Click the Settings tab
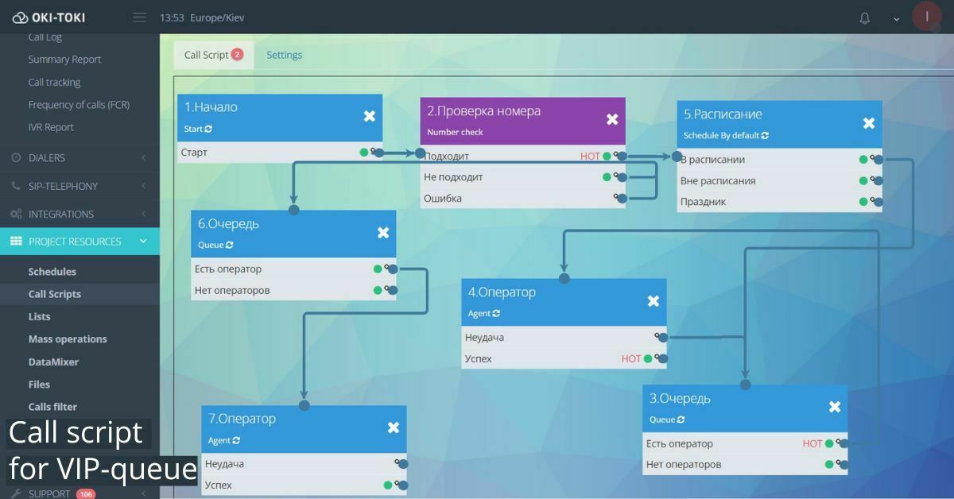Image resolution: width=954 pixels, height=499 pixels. [x=284, y=55]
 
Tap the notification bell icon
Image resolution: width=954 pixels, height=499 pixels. [x=865, y=18]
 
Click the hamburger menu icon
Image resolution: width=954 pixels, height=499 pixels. [x=140, y=17]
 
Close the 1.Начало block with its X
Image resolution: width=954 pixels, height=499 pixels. [x=370, y=116]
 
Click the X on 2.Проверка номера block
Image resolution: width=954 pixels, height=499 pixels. [x=612, y=119]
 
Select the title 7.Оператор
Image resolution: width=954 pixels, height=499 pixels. [x=242, y=419]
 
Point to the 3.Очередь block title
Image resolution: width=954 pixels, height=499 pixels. [x=680, y=398]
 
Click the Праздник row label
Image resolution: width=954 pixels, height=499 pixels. [x=703, y=202]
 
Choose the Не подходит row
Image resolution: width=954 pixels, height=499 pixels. [x=453, y=177]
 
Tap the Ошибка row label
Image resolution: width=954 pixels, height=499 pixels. [x=443, y=199]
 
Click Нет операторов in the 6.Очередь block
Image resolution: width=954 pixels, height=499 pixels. [x=232, y=291]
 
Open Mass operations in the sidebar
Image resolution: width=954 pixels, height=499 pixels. [x=68, y=339]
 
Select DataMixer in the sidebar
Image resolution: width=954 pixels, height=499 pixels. [x=53, y=362]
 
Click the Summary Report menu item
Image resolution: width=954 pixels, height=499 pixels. [x=64, y=60]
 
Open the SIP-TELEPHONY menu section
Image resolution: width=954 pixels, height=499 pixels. [x=63, y=186]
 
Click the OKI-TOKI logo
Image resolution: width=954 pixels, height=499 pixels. [x=49, y=17]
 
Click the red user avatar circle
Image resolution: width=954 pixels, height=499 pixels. [x=927, y=17]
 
